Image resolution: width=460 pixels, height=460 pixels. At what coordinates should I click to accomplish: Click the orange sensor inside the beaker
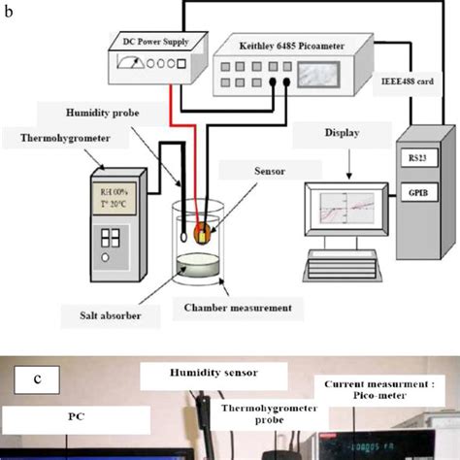click(x=204, y=232)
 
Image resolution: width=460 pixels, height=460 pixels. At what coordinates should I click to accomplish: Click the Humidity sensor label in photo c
click(x=213, y=372)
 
